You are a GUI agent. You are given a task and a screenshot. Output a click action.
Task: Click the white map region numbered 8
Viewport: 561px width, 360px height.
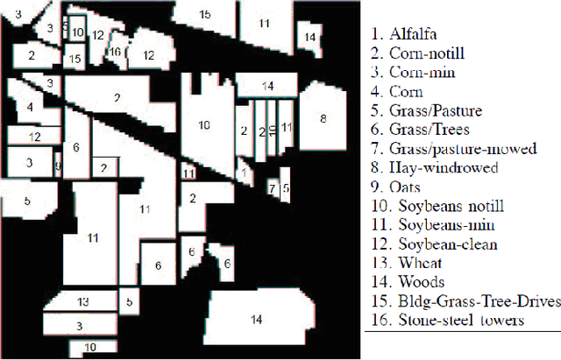click(x=323, y=119)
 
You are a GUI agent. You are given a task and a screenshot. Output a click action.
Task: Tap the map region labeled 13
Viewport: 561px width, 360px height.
click(x=83, y=302)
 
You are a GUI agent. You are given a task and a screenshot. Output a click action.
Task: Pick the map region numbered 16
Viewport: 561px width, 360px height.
click(x=115, y=52)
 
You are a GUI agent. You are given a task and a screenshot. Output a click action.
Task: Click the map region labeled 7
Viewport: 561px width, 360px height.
click(x=272, y=187)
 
